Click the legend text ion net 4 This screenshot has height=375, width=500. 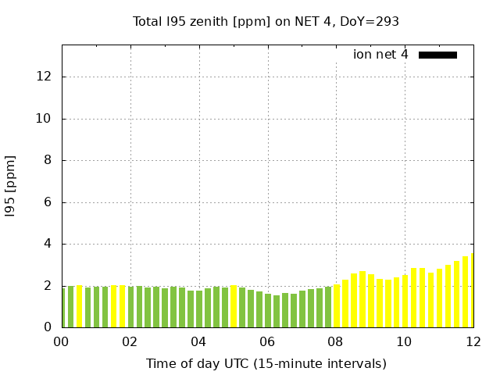(380, 55)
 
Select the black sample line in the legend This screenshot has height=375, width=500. (437, 55)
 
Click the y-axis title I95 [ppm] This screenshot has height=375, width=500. (11, 186)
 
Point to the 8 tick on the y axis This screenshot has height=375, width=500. (48, 160)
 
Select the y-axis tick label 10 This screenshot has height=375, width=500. (44, 119)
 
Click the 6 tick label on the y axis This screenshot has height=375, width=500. (48, 202)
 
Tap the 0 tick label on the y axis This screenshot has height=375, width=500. (48, 327)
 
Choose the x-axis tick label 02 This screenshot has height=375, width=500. (130, 341)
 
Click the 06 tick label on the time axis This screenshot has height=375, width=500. (267, 341)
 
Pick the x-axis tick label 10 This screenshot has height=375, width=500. (404, 341)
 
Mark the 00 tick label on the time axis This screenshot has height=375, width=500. (61, 341)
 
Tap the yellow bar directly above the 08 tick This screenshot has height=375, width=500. (337, 305)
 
